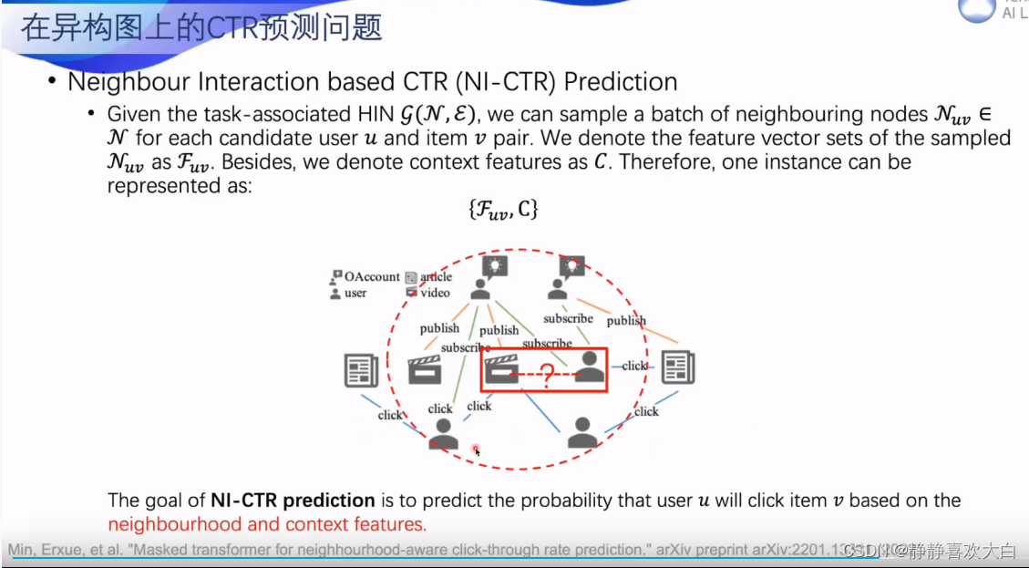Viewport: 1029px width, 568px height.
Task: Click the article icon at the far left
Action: pyautogui.click(x=361, y=369)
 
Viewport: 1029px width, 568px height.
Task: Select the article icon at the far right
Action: pyautogui.click(x=678, y=367)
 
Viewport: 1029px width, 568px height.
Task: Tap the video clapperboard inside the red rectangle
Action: pyautogui.click(x=500, y=369)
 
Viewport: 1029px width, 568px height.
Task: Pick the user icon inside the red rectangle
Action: pyautogui.click(x=590, y=367)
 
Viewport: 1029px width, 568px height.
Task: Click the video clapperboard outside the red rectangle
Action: pyautogui.click(x=424, y=369)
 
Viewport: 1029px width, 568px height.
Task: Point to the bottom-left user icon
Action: pyautogui.click(x=443, y=433)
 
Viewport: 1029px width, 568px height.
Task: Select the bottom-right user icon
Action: pyautogui.click(x=582, y=432)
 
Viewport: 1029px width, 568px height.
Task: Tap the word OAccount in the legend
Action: pyautogui.click(x=372, y=276)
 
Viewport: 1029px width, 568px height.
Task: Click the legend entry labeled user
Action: pyautogui.click(x=355, y=293)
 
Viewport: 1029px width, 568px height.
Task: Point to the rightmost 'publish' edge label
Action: pyautogui.click(x=626, y=320)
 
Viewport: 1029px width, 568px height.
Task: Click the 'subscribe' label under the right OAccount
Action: pyautogui.click(x=568, y=318)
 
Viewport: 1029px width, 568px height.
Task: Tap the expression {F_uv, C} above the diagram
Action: pyautogui.click(x=503, y=209)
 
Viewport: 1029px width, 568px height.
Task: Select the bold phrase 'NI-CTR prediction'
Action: pyautogui.click(x=293, y=500)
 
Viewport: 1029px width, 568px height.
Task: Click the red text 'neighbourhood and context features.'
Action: pyautogui.click(x=267, y=524)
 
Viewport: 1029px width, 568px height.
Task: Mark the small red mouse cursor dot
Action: pyautogui.click(x=476, y=449)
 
